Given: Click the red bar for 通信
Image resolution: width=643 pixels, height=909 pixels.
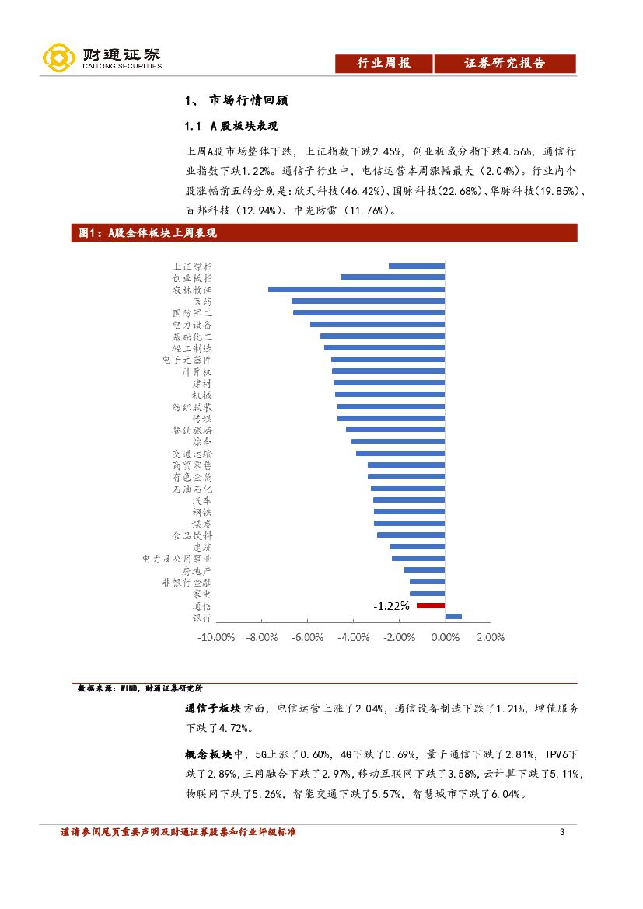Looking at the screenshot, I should [x=431, y=605].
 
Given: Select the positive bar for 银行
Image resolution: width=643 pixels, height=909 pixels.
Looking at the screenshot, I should [x=453, y=617].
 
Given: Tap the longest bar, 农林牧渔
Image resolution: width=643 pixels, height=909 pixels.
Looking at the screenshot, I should [x=356, y=289].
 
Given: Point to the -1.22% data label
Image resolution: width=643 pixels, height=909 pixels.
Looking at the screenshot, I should [x=391, y=606].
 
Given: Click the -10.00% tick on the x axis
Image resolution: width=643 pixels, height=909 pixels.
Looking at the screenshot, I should [x=216, y=637].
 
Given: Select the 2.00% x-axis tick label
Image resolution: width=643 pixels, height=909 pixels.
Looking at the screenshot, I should [x=490, y=637].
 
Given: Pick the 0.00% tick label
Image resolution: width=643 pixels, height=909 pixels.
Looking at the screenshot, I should [x=445, y=637].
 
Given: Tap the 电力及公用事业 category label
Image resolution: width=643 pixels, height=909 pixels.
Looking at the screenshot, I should [x=176, y=559].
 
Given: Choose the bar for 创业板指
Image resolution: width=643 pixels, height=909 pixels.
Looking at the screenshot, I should [x=393, y=277].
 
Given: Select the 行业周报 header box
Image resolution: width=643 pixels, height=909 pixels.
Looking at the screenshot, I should [x=383, y=64].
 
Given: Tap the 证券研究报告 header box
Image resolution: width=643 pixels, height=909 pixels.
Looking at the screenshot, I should [x=505, y=64].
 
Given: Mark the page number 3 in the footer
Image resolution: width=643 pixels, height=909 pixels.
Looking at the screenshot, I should [x=561, y=833].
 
